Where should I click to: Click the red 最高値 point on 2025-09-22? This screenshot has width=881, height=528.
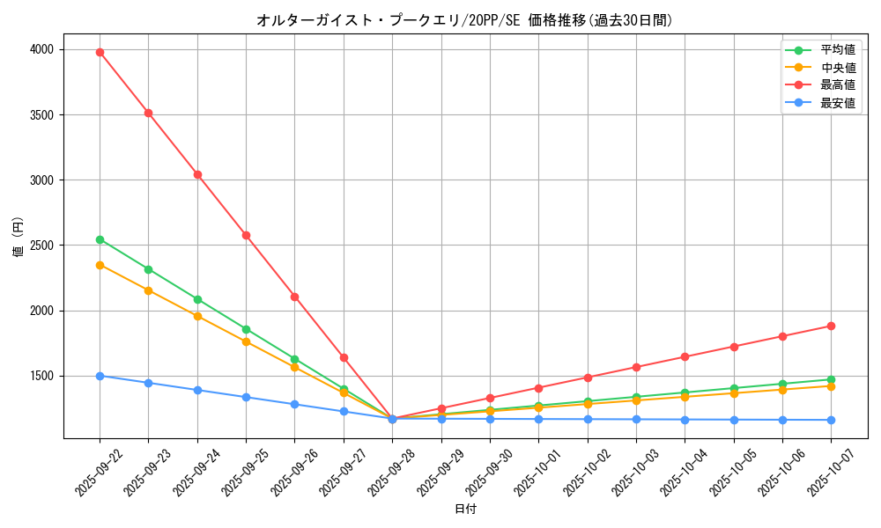(x=100, y=52)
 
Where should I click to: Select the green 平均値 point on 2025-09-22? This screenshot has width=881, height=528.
(x=100, y=239)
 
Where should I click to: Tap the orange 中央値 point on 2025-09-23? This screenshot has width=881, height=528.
(x=148, y=290)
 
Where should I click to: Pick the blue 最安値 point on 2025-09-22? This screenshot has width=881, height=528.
(x=100, y=376)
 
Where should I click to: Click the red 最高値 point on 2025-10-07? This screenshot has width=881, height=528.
(x=831, y=326)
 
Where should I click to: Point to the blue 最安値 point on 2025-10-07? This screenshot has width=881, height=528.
(x=831, y=420)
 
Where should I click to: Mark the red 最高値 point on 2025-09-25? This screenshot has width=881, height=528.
(x=246, y=235)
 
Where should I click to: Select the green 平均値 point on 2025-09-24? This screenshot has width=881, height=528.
(x=197, y=299)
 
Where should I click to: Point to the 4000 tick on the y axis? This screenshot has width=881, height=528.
(x=41, y=49)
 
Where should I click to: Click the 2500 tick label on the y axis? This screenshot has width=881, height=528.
(x=41, y=246)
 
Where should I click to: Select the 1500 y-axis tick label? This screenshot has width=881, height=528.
(x=41, y=376)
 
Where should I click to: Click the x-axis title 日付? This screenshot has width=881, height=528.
(x=465, y=510)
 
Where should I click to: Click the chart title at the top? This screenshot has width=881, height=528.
(x=464, y=20)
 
